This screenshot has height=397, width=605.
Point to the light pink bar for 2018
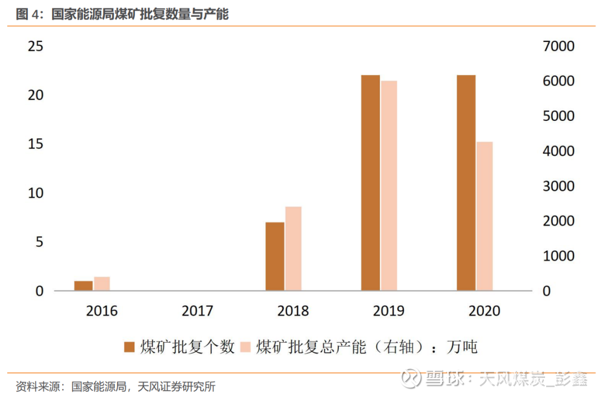click(294, 249)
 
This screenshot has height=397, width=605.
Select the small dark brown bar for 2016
click(83, 286)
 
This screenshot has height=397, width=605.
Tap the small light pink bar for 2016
click(102, 284)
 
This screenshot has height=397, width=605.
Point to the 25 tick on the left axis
click(36, 46)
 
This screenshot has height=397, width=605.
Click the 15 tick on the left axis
click(36, 144)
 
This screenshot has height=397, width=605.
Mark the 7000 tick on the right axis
click(559, 46)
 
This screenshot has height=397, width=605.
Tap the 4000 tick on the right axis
click(559, 151)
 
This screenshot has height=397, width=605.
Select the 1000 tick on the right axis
click(559, 256)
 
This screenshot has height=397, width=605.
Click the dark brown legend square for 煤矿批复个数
click(129, 347)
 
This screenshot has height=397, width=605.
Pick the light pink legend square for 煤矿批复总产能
click(245, 347)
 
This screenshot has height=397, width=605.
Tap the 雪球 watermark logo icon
click(411, 377)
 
